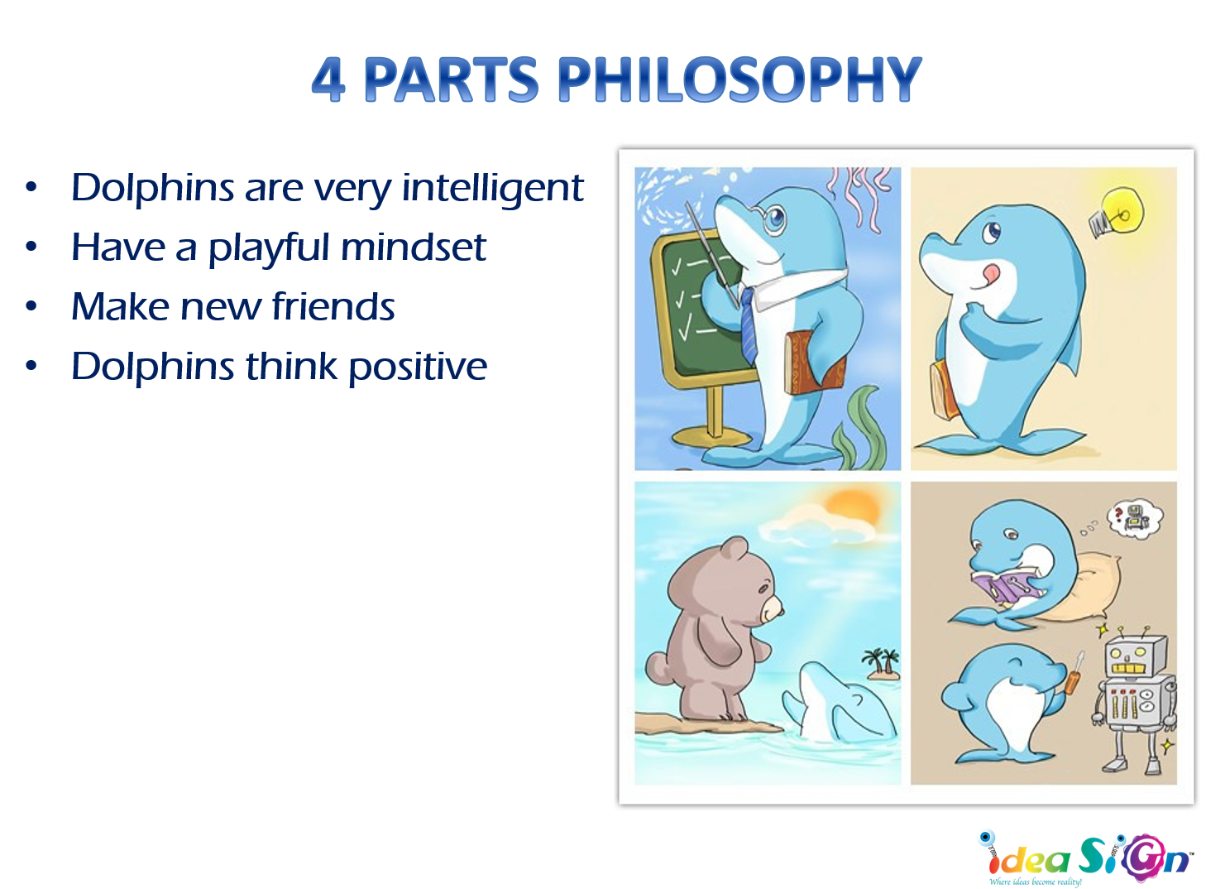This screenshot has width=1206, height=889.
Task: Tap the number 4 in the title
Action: [328, 79]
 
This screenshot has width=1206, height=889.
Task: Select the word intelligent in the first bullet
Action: [493, 189]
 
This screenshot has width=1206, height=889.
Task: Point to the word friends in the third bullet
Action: [333, 307]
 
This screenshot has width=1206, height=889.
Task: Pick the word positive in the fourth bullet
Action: [418, 368]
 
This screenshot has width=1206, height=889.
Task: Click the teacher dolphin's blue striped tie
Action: [749, 323]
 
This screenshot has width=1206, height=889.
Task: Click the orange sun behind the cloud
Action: [852, 504]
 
